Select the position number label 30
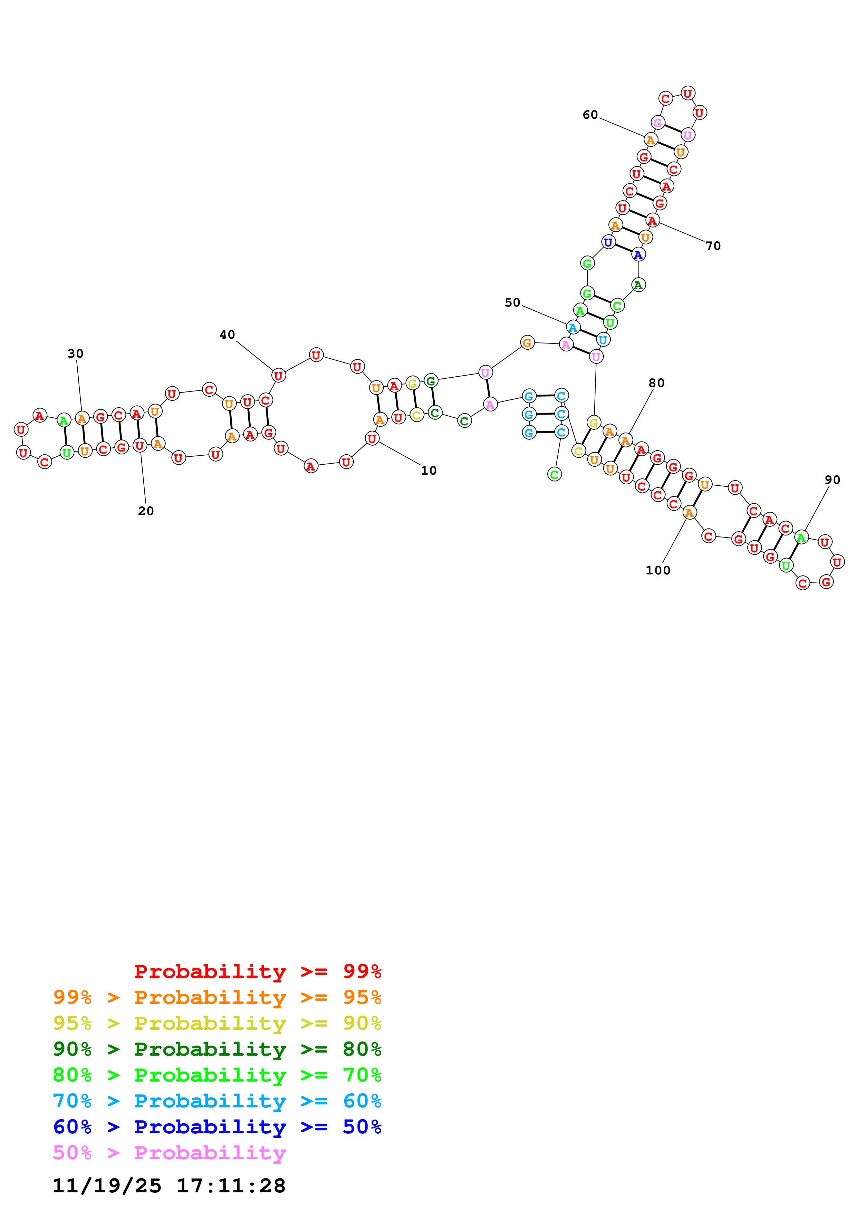coord(75,353)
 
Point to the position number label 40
coord(227,335)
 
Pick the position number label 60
coord(590,115)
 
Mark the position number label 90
coord(832,479)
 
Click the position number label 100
coord(658,570)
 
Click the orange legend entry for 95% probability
coord(217,997)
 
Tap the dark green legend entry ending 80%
coord(217,1049)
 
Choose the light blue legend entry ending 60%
coord(217,1101)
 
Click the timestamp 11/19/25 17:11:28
coord(169,1186)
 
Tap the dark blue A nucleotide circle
coord(638,255)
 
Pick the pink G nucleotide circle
coord(658,123)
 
